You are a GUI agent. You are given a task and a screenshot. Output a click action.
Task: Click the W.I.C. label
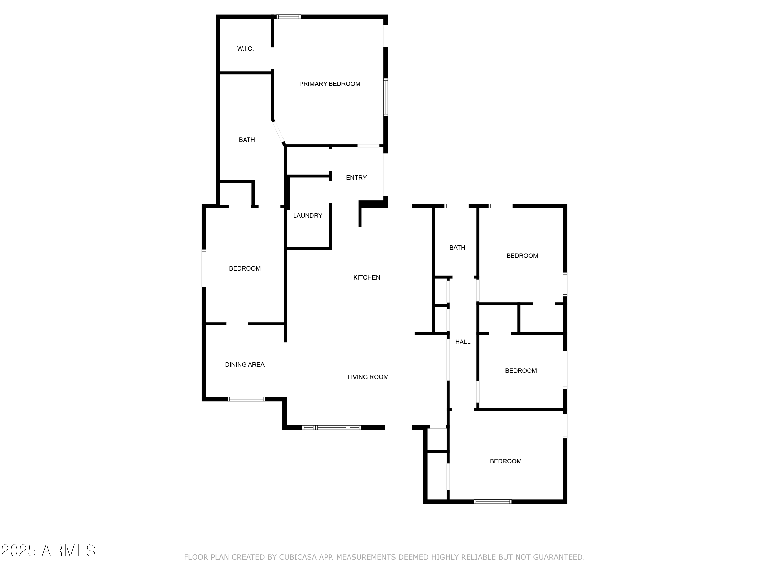[x=246, y=49]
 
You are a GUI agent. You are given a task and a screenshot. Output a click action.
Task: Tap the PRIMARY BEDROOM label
[x=330, y=84]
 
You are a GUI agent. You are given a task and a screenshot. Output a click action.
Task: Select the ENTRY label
[x=356, y=178]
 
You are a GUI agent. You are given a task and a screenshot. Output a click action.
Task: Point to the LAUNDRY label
[x=307, y=216]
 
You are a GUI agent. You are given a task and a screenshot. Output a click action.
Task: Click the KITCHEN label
[x=366, y=277]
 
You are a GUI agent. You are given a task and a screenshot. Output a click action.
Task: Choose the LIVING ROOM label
[x=368, y=377]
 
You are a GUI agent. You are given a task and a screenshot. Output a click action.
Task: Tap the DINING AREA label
[x=245, y=365]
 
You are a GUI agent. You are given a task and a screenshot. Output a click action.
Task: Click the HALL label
[x=462, y=342]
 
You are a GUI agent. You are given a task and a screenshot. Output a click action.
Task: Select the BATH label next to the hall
[x=457, y=248]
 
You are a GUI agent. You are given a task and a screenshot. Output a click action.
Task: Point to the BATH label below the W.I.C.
[x=247, y=140]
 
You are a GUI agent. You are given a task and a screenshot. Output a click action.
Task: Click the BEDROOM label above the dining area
[x=245, y=268]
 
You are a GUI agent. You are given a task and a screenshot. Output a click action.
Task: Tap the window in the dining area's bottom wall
[x=246, y=399]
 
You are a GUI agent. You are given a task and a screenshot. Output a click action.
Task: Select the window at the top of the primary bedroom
[x=288, y=17]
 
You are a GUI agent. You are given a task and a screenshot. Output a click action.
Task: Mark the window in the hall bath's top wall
[x=457, y=206]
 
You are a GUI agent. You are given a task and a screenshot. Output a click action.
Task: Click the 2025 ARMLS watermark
[x=48, y=551]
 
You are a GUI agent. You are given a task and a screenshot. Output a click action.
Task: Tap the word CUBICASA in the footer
[x=298, y=567]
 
